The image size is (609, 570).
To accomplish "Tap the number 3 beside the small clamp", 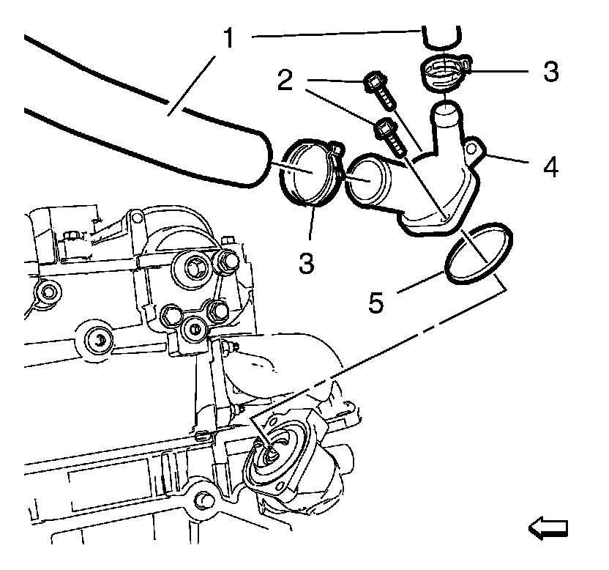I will [551, 72].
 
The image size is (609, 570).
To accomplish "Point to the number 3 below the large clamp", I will [307, 261].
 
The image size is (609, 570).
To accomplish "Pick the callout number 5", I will [376, 301].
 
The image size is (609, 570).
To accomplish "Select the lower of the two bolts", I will [391, 138].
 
